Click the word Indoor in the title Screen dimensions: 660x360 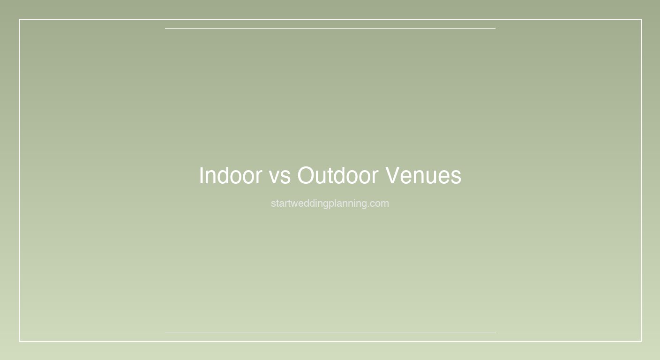231,176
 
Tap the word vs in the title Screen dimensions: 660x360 280,178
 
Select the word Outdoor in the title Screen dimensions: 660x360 337,176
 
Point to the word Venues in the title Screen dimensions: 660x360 423,176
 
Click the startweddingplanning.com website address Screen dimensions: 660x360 330,203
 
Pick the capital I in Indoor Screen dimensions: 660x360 201,176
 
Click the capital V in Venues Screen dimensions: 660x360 393,176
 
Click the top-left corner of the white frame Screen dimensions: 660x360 19,19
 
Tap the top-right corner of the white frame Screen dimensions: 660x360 641,19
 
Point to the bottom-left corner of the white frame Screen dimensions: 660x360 19,341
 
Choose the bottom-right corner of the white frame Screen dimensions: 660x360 641,341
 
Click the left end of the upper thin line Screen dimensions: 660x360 165,28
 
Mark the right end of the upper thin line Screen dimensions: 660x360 495,28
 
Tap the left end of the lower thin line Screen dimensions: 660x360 165,332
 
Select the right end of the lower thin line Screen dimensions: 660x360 495,332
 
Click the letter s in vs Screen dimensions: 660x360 285,178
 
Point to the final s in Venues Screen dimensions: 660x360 457,178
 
